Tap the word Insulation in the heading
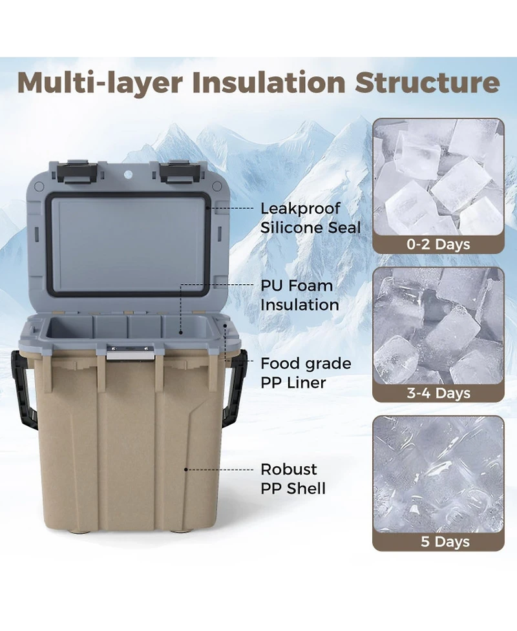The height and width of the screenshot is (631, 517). (x=269, y=82)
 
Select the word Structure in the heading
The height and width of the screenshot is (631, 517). (x=427, y=82)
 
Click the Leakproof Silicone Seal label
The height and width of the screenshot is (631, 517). (x=310, y=218)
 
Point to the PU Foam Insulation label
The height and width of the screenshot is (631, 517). (x=300, y=295)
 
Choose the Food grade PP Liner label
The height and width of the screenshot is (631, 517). (x=306, y=373)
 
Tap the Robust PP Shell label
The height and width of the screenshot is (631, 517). (x=293, y=479)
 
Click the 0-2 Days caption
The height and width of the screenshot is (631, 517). (x=438, y=244)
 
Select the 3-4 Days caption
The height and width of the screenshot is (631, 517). (x=438, y=393)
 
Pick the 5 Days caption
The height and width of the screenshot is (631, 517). (x=445, y=541)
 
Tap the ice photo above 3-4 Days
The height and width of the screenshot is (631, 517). (x=439, y=326)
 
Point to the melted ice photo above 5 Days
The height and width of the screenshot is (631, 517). (x=439, y=475)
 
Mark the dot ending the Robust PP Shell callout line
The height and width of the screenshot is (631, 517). (x=186, y=470)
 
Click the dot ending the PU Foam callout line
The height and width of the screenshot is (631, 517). (x=180, y=333)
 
